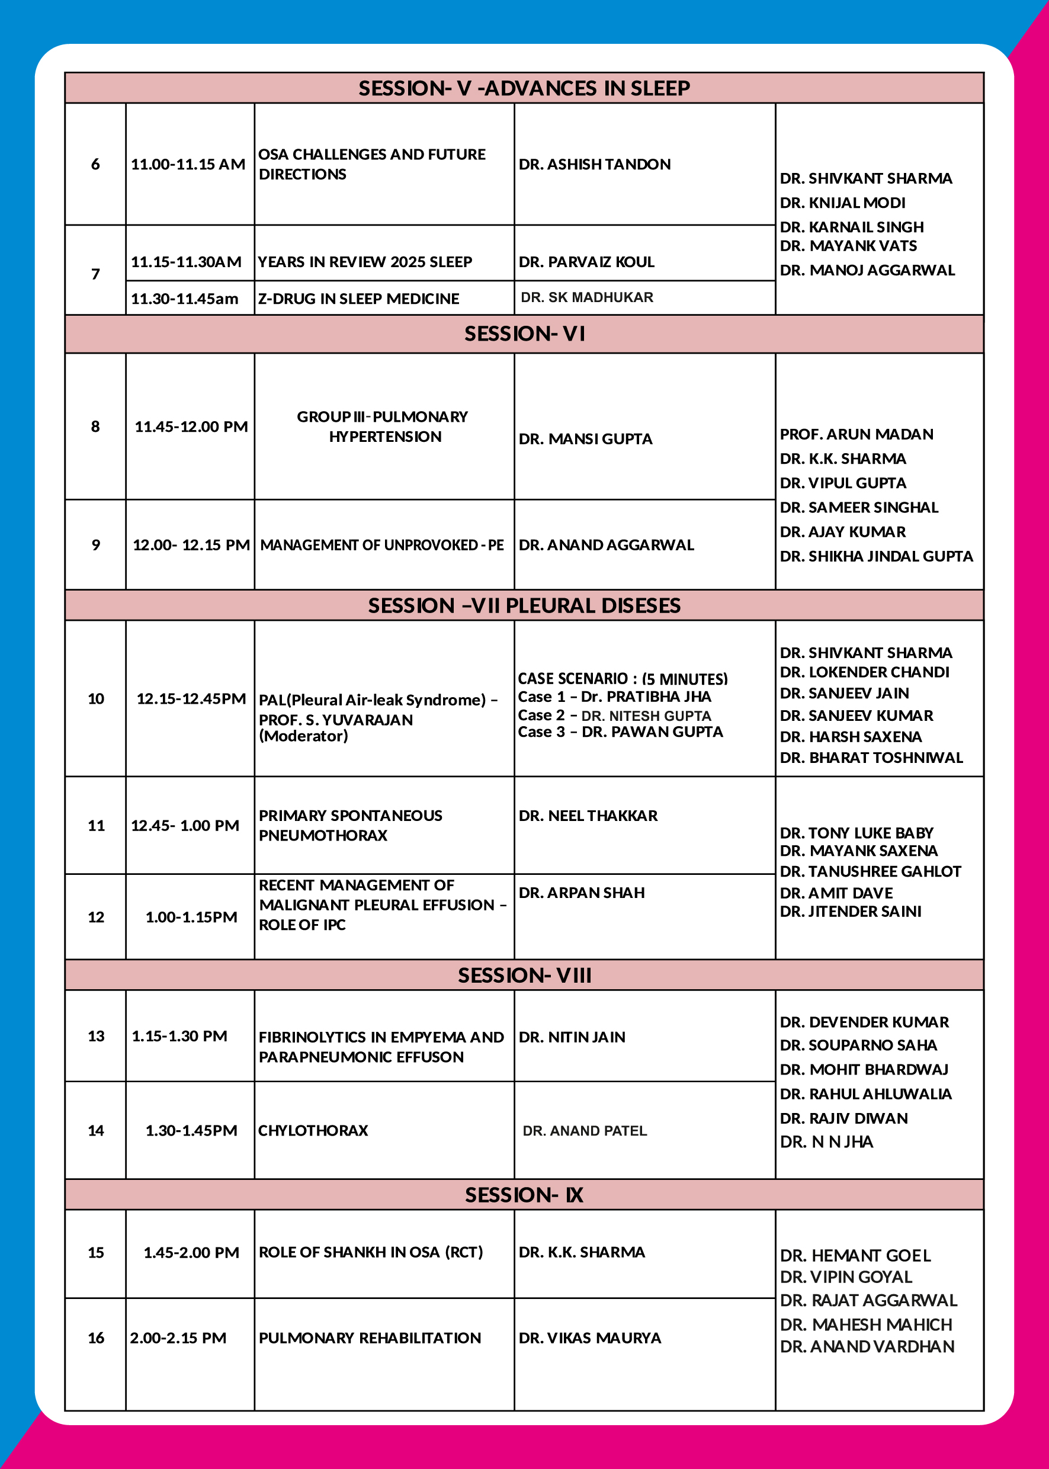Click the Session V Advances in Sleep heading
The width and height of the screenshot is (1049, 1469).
524,88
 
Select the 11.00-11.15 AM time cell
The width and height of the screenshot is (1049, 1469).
188,164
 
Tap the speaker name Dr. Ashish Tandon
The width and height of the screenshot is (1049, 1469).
594,164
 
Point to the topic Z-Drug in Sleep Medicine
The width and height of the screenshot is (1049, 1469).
358,299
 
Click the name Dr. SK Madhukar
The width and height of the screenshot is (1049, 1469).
586,297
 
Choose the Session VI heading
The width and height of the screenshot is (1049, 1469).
524,333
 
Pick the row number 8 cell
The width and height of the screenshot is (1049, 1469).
95,426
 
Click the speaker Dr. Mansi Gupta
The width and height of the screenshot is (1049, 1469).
585,439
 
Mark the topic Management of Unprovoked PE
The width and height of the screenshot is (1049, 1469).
381,544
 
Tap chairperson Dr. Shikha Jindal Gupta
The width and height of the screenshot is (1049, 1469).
876,556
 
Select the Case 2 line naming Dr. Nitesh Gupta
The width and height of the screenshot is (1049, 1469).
614,715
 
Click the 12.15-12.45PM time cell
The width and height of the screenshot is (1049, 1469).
191,698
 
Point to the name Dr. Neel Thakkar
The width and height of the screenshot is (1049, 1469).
588,815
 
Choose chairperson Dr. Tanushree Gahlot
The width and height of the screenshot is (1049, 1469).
870,871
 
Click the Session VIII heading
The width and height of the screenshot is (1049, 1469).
524,975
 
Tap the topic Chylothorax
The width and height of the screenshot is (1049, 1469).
313,1131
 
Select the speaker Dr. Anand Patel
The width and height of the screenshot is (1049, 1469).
585,1131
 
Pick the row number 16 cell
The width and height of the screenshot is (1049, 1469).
95,1338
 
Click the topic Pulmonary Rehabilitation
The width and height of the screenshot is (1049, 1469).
370,1338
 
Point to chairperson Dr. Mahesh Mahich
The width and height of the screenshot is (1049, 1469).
865,1325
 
